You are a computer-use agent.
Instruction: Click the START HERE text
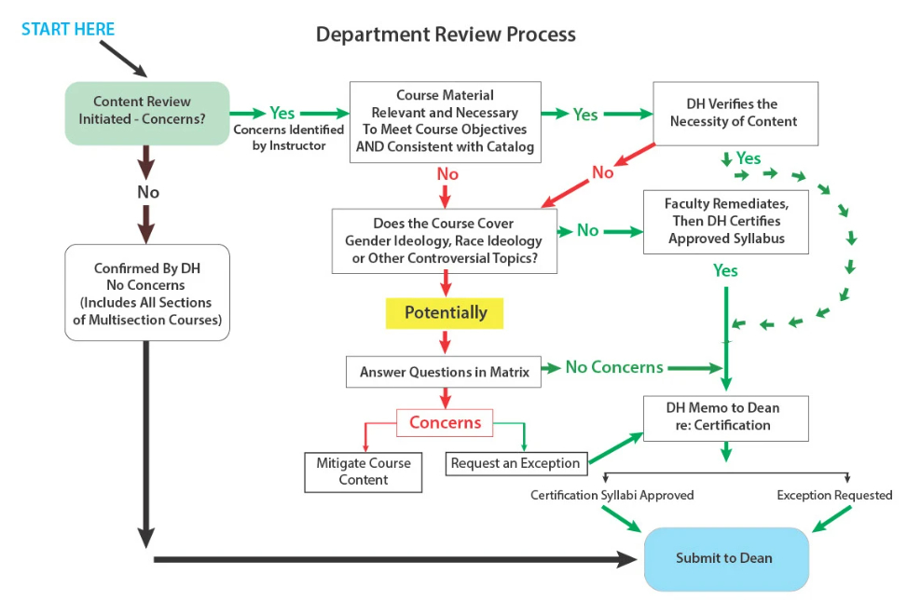click(x=68, y=29)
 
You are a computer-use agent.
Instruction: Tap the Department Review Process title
click(x=446, y=34)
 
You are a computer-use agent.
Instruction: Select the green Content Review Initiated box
click(x=147, y=112)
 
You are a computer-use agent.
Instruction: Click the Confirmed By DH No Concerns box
click(x=147, y=293)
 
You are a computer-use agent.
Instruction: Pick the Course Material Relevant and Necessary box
click(x=445, y=121)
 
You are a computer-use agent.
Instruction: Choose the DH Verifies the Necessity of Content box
click(x=735, y=113)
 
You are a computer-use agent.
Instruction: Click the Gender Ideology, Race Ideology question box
click(x=444, y=240)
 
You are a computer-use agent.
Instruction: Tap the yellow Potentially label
click(x=446, y=313)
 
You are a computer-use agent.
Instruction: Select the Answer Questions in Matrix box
click(x=444, y=372)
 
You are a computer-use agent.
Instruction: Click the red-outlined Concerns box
click(x=445, y=423)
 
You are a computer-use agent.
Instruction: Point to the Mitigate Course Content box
click(x=363, y=472)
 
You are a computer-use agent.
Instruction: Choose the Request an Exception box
click(x=515, y=463)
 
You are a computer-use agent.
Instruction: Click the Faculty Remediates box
click(x=726, y=222)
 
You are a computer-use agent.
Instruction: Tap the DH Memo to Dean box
click(x=724, y=418)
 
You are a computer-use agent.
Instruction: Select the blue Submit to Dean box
click(x=724, y=558)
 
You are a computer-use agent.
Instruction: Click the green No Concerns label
click(x=614, y=367)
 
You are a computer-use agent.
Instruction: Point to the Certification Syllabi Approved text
click(x=612, y=495)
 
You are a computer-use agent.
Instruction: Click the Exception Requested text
click(x=834, y=495)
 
